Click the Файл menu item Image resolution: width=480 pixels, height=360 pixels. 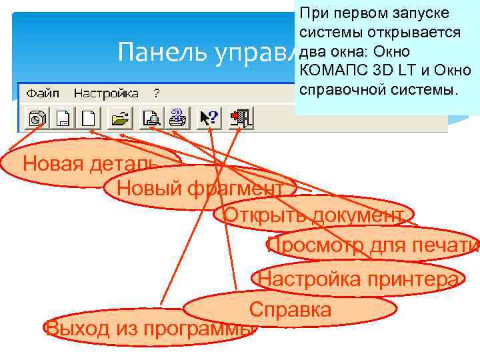pyautogui.click(x=44, y=93)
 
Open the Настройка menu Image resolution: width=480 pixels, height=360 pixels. pyautogui.click(x=106, y=93)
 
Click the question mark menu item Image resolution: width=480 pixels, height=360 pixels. pyautogui.click(x=157, y=93)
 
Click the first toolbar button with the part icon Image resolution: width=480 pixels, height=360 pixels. pyautogui.click(x=35, y=119)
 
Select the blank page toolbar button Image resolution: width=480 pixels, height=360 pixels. pyautogui.click(x=89, y=119)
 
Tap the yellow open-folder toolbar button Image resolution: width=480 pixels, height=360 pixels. pyautogui.click(x=120, y=119)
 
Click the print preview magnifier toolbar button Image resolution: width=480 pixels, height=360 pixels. pyautogui.click(x=151, y=119)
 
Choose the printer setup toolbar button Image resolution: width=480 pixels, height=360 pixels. pyautogui.click(x=177, y=119)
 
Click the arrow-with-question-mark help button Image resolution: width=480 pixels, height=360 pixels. pyautogui.click(x=209, y=119)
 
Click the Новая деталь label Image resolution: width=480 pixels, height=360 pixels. pyautogui.click(x=89, y=163)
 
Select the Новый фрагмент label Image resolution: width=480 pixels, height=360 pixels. pyautogui.click(x=199, y=189)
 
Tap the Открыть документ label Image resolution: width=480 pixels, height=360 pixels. pyautogui.click(x=313, y=215)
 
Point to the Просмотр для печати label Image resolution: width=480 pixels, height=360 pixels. pyautogui.click(x=373, y=246)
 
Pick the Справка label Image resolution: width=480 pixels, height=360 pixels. pyautogui.click(x=290, y=309)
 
